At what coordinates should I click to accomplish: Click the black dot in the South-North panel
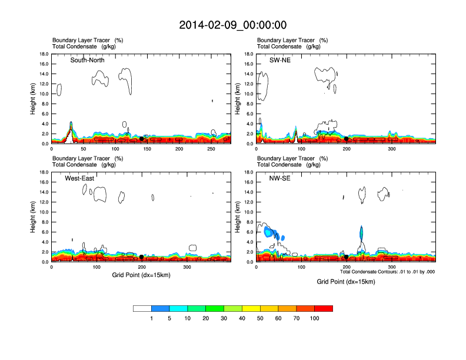[x=142, y=139]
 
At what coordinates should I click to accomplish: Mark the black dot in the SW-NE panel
[x=347, y=139]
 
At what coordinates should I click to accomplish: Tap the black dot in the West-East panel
[x=142, y=257]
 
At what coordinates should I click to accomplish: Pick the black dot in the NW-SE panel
[x=347, y=257]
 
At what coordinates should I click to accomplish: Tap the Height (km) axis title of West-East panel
[x=34, y=217]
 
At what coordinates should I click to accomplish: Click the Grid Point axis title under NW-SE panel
[x=346, y=282]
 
